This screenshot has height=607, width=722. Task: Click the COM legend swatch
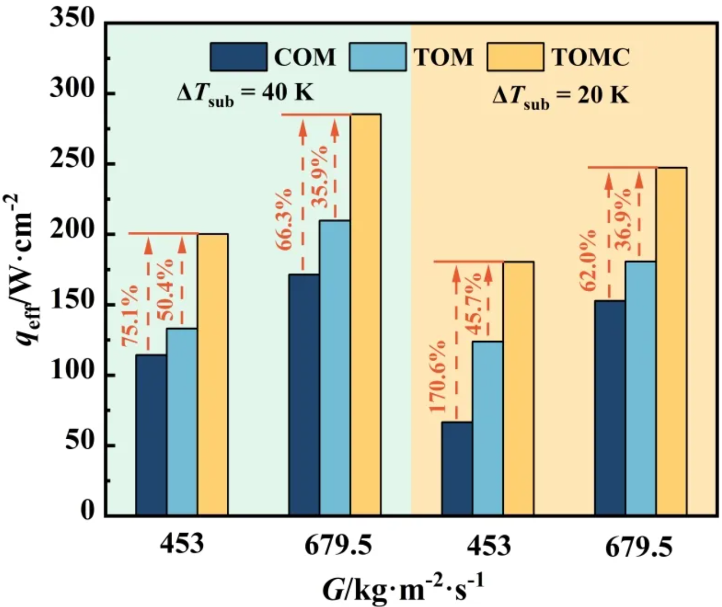pos(238,57)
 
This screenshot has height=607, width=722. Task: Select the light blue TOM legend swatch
pos(377,57)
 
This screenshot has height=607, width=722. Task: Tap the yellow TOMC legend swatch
pos(515,57)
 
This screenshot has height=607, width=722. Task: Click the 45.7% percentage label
pos(474,303)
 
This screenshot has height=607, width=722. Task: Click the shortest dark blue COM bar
pos(457,469)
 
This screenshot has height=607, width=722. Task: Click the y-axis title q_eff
pos(24,270)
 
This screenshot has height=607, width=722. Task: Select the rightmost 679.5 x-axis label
pos(639,547)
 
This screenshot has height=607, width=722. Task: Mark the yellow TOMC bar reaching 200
pos(213,374)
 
